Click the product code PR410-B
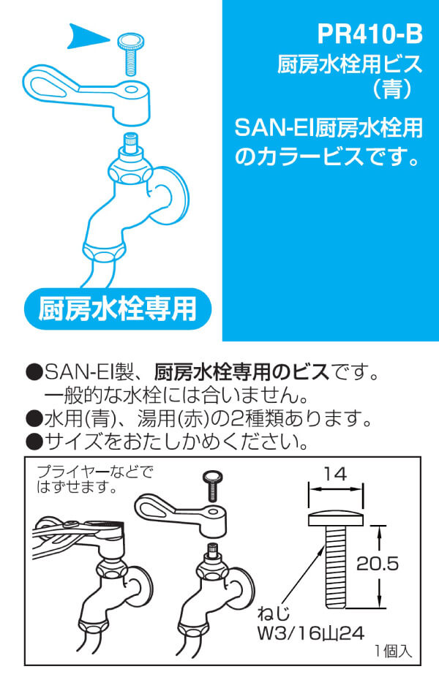pyautogui.click(x=369, y=34)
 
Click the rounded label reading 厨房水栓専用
pyautogui.click(x=118, y=309)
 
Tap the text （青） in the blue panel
pyautogui.click(x=392, y=90)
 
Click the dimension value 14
pyautogui.click(x=335, y=474)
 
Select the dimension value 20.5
pyautogui.click(x=377, y=563)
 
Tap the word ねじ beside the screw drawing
pyautogui.click(x=274, y=614)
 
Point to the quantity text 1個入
pyautogui.click(x=393, y=651)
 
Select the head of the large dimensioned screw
pyautogui.click(x=335, y=519)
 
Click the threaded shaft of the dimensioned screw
pyautogui.click(x=335, y=567)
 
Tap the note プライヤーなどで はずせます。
pyautogui.click(x=95, y=479)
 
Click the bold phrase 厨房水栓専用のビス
pyautogui.click(x=241, y=372)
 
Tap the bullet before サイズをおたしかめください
pyautogui.click(x=34, y=442)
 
